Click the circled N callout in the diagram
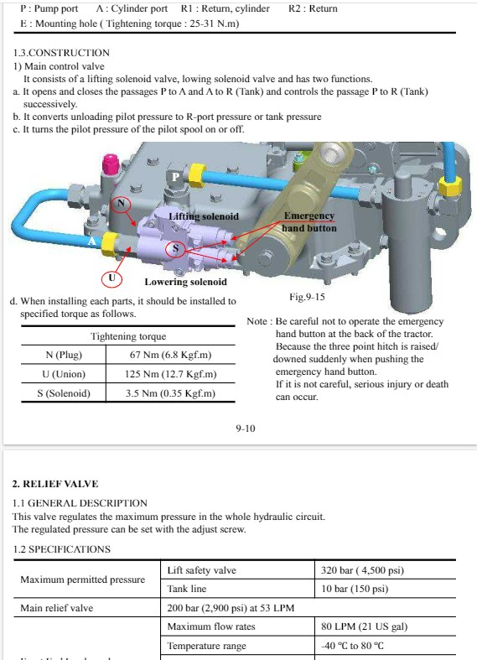click(x=122, y=204)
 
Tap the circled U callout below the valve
click(x=111, y=278)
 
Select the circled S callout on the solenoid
click(x=175, y=249)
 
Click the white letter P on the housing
click(x=176, y=177)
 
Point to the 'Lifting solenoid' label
click(x=204, y=216)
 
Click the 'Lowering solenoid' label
click(x=185, y=282)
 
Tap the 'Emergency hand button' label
click(x=309, y=222)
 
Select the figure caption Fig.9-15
click(x=307, y=297)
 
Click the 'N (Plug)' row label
click(x=64, y=355)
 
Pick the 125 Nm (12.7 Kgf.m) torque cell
click(x=170, y=374)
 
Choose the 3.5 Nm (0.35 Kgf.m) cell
click(x=170, y=393)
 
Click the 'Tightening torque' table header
click(x=128, y=336)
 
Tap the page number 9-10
click(x=246, y=429)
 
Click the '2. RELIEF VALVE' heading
click(x=55, y=484)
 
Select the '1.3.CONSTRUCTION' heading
click(x=61, y=53)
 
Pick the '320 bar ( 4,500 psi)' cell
click(x=362, y=570)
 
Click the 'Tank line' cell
click(x=187, y=589)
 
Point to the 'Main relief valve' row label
click(x=57, y=608)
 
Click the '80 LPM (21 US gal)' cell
click(x=365, y=626)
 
